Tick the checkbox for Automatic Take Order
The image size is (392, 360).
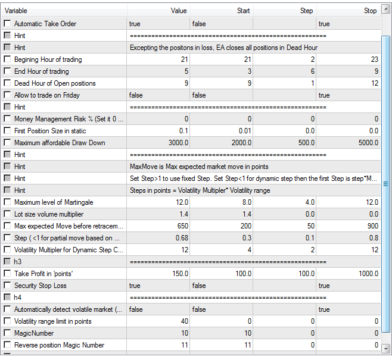coord(7,24)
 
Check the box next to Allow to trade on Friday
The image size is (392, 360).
coord(7,95)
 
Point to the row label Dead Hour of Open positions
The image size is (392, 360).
coord(55,83)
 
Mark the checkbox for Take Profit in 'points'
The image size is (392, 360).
coord(7,274)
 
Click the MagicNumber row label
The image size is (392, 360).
coord(35,333)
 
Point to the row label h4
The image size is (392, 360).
coord(19,298)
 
